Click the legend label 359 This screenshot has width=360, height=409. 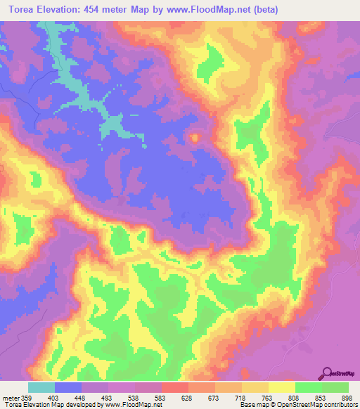point(27,397)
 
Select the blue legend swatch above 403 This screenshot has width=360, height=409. point(68,387)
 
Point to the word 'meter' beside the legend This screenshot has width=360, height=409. point(9,397)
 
